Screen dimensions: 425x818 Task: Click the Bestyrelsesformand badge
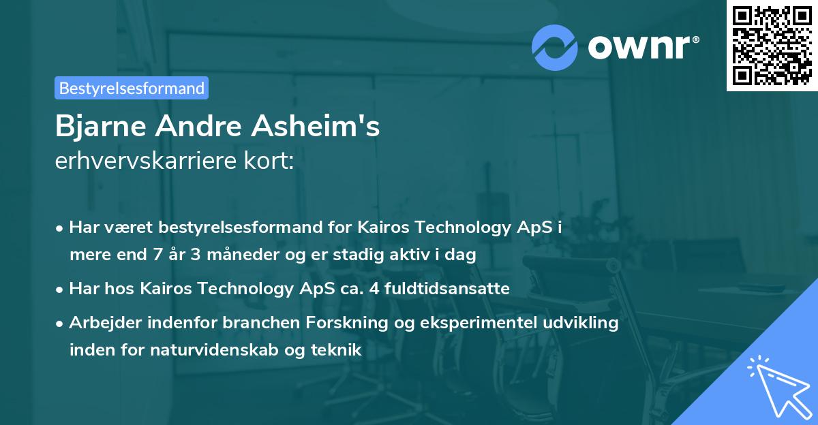click(x=131, y=88)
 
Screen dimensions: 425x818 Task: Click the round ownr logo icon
click(x=555, y=46)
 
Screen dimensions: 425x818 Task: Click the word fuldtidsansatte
click(x=454, y=288)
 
